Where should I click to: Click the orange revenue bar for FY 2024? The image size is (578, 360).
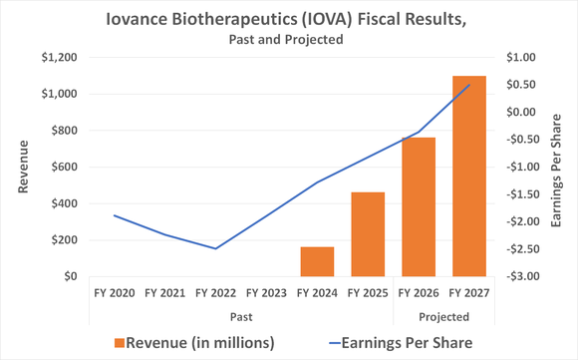tap(317, 261)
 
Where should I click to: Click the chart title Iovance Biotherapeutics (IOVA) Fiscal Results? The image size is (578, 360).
tap(288, 19)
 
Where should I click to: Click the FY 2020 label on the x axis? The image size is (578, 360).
tap(115, 294)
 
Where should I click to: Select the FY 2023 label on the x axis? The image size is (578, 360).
tap(266, 294)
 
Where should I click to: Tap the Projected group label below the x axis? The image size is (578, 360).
tap(443, 316)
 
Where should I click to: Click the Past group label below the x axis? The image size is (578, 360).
tap(240, 316)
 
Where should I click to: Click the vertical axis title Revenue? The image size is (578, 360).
tap(23, 168)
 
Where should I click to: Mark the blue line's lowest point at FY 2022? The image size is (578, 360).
tap(215, 248)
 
